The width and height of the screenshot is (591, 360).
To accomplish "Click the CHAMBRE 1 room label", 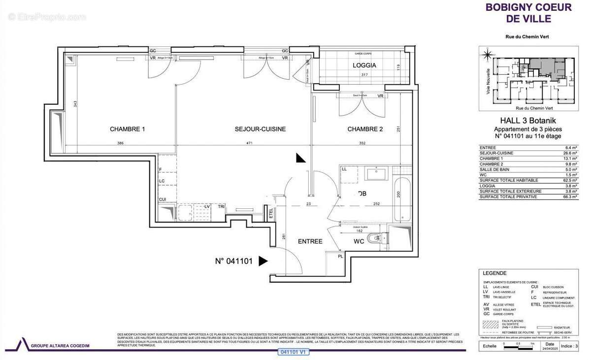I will (127, 130).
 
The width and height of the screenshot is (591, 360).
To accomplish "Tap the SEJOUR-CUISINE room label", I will (260, 130).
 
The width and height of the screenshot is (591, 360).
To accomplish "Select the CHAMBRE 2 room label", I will (365, 130).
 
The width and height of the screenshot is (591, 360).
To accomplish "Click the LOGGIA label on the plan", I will (364, 65).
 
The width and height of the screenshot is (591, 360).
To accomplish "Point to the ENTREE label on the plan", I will (310, 241).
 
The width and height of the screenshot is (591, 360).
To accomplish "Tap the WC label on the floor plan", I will (358, 241).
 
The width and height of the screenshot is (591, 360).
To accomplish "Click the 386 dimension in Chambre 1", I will (120, 143).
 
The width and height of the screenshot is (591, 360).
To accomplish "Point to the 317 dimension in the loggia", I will (364, 75).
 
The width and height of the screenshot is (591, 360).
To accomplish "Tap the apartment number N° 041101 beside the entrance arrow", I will (234, 262).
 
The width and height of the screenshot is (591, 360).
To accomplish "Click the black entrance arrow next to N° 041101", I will (263, 262).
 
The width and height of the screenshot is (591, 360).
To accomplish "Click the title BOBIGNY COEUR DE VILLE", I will (528, 13).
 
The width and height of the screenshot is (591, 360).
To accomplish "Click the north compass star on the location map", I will (488, 54).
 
